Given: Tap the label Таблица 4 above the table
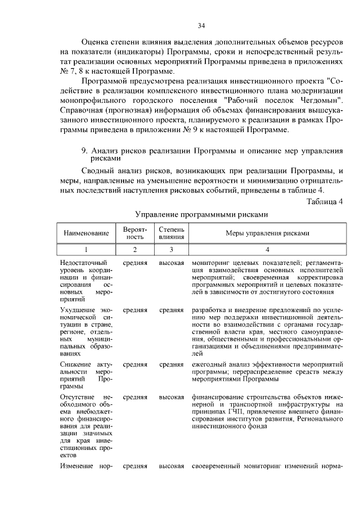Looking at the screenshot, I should click(326, 201).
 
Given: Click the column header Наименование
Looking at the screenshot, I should click(86, 233).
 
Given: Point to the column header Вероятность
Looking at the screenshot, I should click(135, 233).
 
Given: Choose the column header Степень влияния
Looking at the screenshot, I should click(172, 233).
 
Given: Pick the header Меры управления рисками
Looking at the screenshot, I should click(267, 233).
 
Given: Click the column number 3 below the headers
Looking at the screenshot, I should click(172, 249).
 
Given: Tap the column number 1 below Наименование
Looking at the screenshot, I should click(86, 249).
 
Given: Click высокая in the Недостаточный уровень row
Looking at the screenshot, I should click(172, 263).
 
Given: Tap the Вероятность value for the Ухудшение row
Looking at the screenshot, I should click(135, 309).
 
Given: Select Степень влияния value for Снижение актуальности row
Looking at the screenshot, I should click(172, 364).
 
